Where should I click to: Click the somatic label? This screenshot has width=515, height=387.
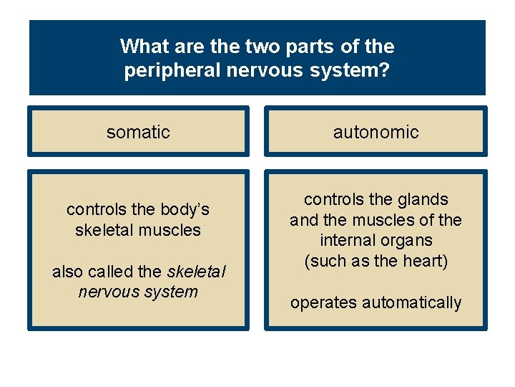tap(138, 132)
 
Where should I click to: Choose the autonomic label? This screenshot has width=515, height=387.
tap(376, 132)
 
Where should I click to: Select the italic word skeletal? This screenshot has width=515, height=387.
tap(196, 272)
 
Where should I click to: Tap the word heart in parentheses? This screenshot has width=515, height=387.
tap(425, 261)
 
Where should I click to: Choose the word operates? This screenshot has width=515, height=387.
tap(323, 302)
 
